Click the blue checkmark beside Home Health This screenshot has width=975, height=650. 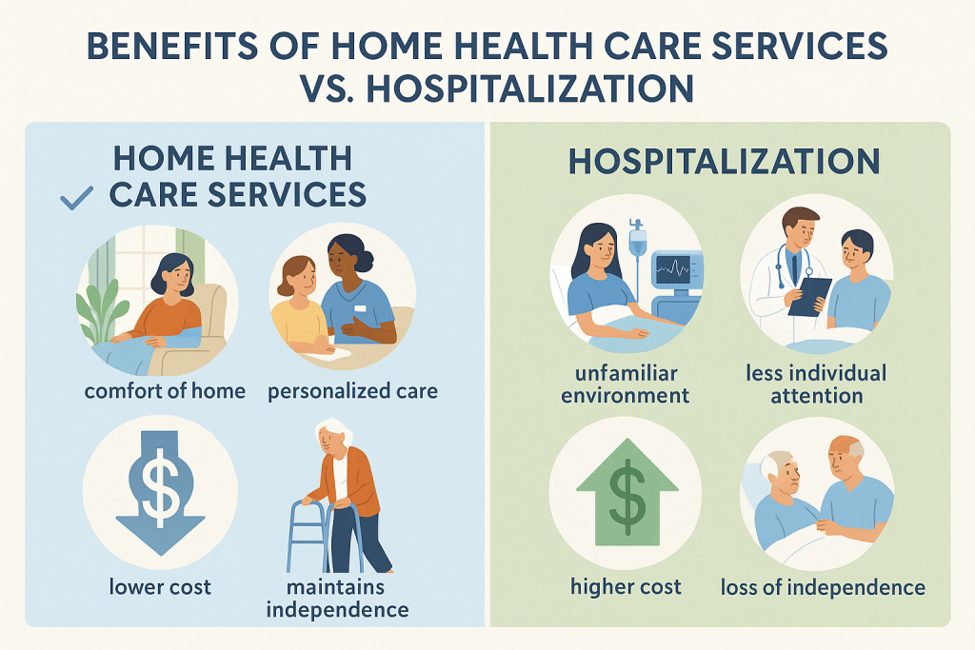[x=76, y=198]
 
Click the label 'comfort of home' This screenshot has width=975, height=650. [x=165, y=390]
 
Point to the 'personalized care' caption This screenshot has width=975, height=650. [x=352, y=390]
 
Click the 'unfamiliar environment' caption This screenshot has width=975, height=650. [x=625, y=382]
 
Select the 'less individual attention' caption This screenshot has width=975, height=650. [x=816, y=382]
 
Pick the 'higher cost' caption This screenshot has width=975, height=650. [x=626, y=586]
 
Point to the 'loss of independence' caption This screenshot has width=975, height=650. [x=823, y=586]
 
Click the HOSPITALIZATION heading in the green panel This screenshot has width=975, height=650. [x=723, y=161]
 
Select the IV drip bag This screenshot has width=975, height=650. [x=637, y=239]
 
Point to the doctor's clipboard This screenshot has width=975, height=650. [x=809, y=295]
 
